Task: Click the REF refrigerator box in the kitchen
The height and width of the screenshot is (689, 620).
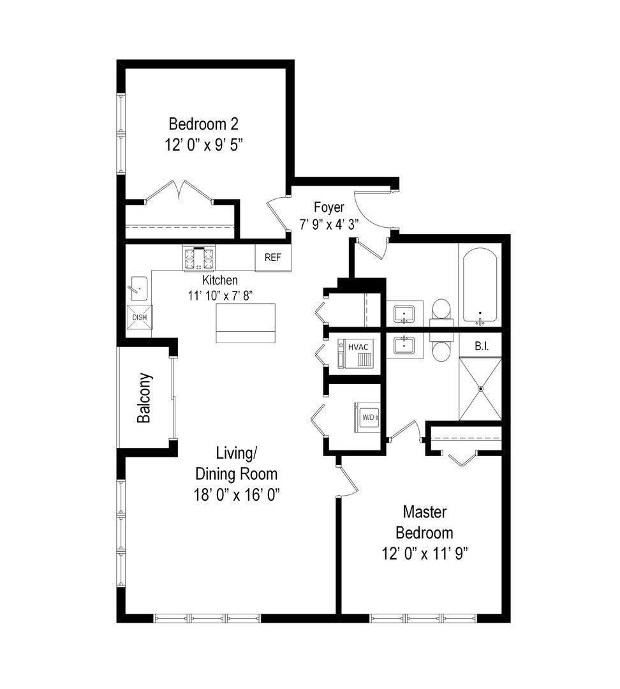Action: pyautogui.click(x=273, y=258)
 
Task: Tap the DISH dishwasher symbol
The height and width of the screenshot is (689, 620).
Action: pyautogui.click(x=139, y=318)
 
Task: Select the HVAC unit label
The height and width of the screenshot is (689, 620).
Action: pyautogui.click(x=358, y=346)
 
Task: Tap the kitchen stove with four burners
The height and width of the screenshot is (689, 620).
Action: pyautogui.click(x=198, y=259)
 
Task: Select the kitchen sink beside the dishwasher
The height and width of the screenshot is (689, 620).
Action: pyautogui.click(x=138, y=289)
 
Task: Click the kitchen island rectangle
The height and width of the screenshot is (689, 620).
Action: pyautogui.click(x=246, y=323)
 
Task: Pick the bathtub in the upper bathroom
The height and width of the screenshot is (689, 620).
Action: pyautogui.click(x=480, y=286)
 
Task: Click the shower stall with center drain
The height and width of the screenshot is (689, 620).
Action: pyautogui.click(x=481, y=389)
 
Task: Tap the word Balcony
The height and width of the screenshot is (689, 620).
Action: pyautogui.click(x=144, y=397)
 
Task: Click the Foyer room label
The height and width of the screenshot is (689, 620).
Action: pyautogui.click(x=329, y=207)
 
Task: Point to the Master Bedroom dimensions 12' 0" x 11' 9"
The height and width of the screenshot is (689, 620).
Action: pyautogui.click(x=425, y=553)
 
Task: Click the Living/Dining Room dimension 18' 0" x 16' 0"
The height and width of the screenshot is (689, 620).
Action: pyautogui.click(x=236, y=494)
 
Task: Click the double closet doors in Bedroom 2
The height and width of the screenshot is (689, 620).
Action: pyautogui.click(x=181, y=192)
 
